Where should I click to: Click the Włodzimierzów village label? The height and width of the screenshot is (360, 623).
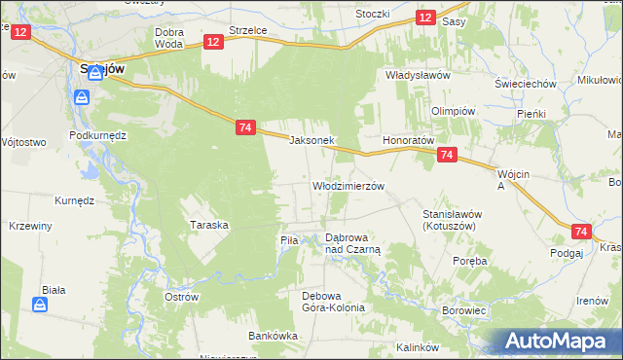point(348,185)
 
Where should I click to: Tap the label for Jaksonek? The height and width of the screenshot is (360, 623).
point(312,140)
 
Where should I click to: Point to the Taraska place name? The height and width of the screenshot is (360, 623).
point(209,225)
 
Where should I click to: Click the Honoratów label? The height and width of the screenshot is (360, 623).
point(407,140)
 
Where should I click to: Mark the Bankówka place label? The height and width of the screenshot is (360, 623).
point(273,336)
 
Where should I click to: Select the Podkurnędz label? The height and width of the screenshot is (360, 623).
point(98,135)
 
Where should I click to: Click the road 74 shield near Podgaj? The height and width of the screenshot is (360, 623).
point(581,232)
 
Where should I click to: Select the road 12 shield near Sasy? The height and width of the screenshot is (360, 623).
point(424,18)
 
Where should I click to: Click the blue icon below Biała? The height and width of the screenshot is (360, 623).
point(40,306)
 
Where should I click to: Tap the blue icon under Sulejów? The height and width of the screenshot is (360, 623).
point(82,97)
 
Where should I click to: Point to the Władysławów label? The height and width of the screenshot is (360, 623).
point(417,75)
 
